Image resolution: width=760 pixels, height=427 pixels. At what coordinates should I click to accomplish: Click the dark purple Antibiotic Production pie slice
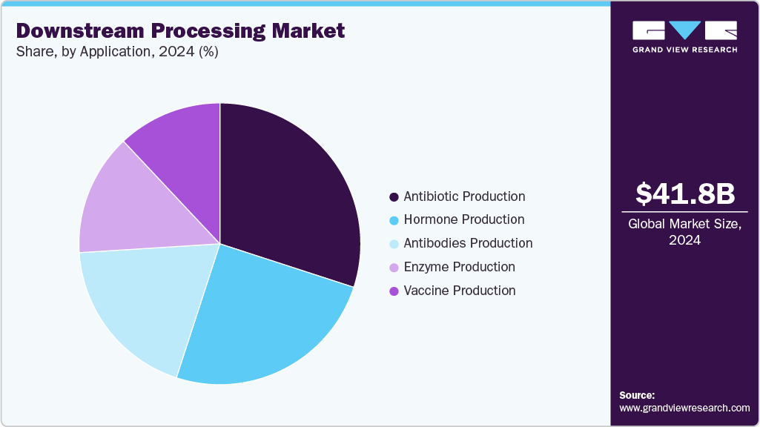(x=289, y=193)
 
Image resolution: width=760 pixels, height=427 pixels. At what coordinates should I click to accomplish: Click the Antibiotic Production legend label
(x=464, y=196)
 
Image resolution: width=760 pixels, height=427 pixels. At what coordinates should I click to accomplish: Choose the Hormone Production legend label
(x=463, y=219)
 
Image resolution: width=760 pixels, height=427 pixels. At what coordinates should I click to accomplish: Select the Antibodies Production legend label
(x=468, y=243)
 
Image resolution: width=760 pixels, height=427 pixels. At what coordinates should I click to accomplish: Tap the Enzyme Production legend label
(x=459, y=267)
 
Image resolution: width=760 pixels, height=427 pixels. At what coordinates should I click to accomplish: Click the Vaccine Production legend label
(x=460, y=291)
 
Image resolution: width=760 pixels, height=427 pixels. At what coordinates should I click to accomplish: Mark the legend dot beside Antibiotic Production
(x=394, y=197)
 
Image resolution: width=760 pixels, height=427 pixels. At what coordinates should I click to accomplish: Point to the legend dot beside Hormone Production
(x=394, y=220)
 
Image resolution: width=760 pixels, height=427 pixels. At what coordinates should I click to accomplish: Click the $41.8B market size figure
(x=685, y=193)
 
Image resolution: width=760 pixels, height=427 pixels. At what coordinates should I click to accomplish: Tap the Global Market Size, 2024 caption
(x=685, y=231)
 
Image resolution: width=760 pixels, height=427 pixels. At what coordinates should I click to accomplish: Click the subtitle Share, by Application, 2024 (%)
(x=116, y=52)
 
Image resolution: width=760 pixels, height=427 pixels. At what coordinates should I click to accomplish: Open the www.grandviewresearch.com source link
(x=684, y=408)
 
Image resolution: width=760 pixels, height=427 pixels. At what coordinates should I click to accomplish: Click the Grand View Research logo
(x=684, y=36)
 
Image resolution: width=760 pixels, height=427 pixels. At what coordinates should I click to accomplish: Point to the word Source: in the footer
(x=637, y=395)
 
